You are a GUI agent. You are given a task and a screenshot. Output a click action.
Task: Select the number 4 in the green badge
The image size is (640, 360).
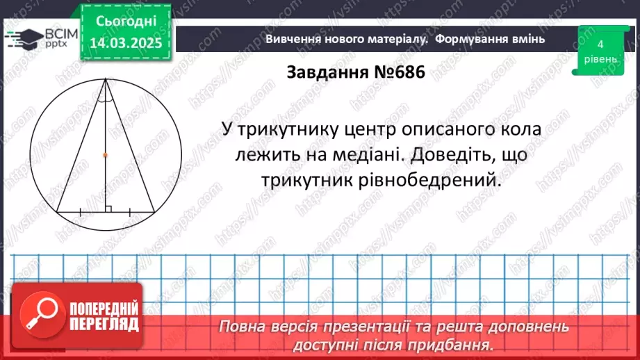600,44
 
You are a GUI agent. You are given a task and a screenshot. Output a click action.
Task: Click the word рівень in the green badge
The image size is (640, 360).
600,59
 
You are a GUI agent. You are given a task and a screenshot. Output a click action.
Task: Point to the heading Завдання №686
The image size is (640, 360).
354,72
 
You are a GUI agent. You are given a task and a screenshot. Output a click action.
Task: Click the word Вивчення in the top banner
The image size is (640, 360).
291,39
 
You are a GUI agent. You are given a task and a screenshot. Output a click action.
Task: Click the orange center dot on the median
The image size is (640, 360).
105,155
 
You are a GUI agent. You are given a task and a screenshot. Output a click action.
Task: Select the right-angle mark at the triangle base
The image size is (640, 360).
108,208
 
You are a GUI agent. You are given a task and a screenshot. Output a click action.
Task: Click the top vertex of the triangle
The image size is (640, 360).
105,80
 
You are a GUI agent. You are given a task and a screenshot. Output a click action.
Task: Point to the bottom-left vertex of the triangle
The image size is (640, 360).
57,211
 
